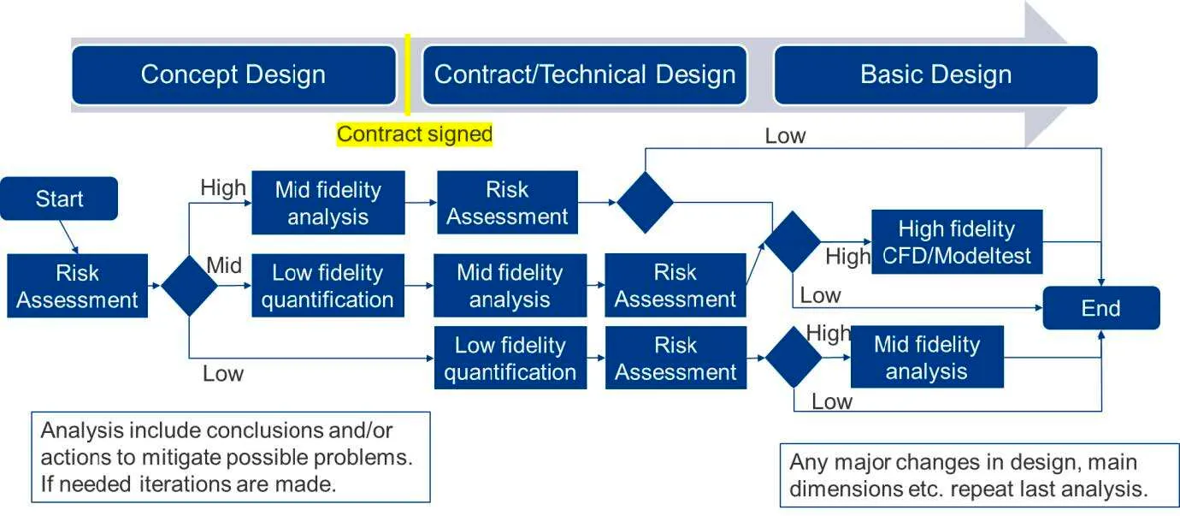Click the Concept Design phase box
(233, 75)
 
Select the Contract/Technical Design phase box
(585, 75)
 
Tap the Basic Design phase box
(935, 75)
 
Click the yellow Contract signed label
(415, 134)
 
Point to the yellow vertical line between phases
(407, 75)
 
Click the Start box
(60, 199)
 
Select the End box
(1100, 308)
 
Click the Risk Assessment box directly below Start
(77, 286)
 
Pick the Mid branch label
(224, 266)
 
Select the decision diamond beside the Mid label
(189, 286)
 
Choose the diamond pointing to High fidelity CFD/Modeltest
(792, 242)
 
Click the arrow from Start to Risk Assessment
(69, 237)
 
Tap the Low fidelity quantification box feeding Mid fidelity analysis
(327, 286)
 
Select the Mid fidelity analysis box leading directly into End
(926, 358)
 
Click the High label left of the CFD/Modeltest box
(847, 256)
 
